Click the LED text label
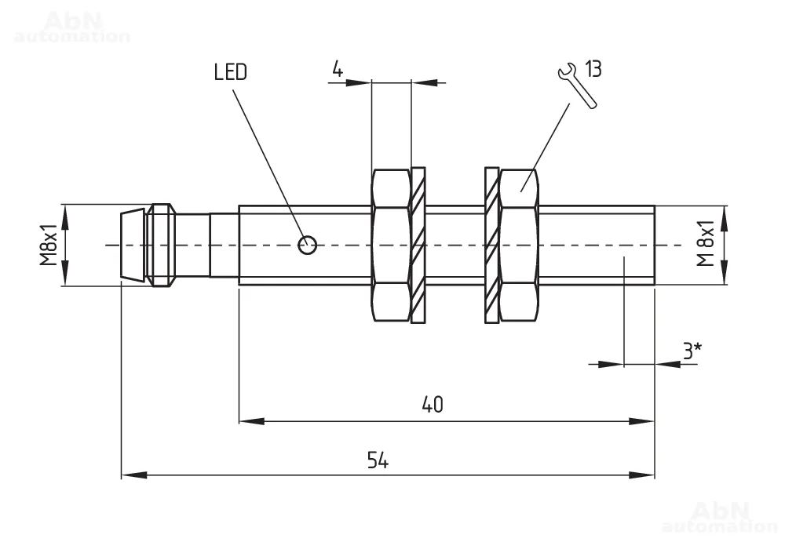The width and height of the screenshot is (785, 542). pos(230,72)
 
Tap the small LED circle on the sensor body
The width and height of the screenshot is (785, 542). pos(308,245)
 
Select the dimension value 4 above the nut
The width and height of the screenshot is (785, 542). pos(338,69)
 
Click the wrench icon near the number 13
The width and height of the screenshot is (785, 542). pos(576,84)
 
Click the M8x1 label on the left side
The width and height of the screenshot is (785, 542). pos(50,245)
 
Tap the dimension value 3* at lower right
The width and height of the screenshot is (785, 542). pos(691,351)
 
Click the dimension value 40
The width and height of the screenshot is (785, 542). pos(433,405)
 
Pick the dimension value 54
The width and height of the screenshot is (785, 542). pos(378,460)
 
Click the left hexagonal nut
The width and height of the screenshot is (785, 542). pos(390,245)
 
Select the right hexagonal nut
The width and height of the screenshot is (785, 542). pos(519,245)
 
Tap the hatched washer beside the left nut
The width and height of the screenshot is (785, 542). pos(418,245)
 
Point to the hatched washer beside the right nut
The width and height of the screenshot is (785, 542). pos(491,245)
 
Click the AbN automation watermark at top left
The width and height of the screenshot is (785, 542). pos(71,27)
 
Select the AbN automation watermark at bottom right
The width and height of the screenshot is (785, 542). pos(719,515)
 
